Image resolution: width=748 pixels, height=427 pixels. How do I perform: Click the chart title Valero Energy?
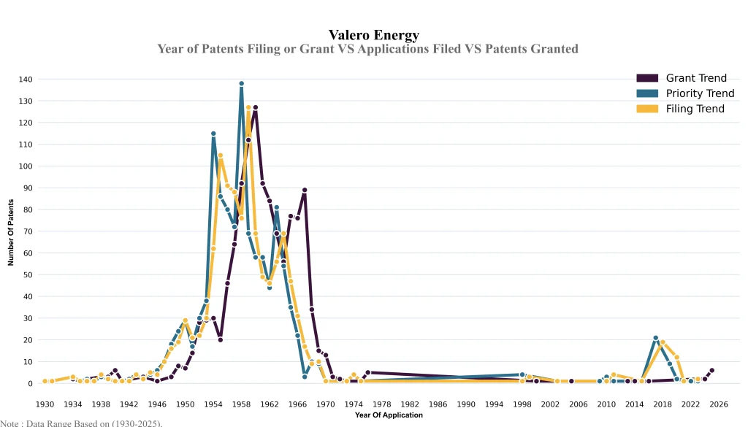click(374, 34)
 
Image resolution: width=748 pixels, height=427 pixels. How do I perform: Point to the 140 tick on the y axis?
click(26, 79)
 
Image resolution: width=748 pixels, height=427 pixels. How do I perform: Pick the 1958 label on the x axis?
click(242, 404)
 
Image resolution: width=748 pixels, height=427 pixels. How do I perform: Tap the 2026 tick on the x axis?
click(719, 404)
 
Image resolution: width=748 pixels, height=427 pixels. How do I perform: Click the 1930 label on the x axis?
click(45, 404)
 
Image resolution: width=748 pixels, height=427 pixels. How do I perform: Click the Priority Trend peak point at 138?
click(242, 83)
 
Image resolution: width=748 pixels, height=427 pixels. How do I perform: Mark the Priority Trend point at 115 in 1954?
click(213, 134)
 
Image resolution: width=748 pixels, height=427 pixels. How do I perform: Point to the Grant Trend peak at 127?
click(256, 107)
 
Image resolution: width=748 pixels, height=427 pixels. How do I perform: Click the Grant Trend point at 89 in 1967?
click(305, 190)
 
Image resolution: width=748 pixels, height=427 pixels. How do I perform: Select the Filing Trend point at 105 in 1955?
click(221, 155)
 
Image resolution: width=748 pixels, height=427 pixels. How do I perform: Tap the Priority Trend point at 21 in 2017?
click(656, 338)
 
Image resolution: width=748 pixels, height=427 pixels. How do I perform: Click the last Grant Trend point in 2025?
click(712, 370)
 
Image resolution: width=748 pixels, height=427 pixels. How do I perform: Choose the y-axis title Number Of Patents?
click(11, 231)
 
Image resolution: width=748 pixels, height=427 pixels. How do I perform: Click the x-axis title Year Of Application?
click(389, 415)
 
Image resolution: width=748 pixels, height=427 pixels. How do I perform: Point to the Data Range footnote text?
click(81, 423)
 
